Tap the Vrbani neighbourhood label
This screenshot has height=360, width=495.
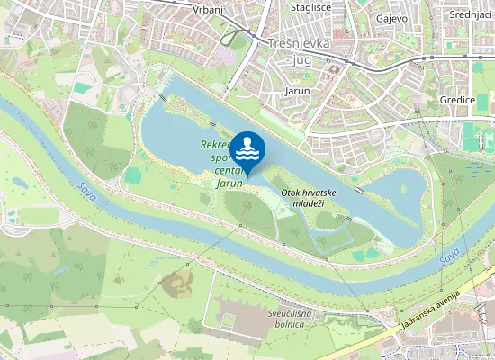coord(209,9)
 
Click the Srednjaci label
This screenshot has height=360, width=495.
coord(471,14)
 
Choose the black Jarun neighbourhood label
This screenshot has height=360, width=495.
coord(297,92)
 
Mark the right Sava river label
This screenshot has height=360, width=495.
coord(449,258)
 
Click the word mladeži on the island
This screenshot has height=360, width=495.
coord(309,205)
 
